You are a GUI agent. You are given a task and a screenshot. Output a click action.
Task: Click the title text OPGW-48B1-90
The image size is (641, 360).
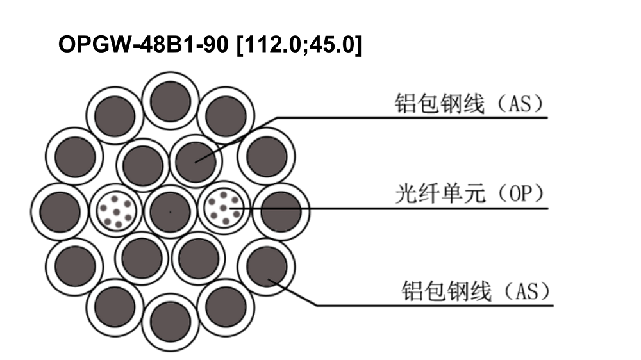(143, 44)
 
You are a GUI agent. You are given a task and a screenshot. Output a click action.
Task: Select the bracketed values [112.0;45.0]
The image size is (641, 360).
(299, 45)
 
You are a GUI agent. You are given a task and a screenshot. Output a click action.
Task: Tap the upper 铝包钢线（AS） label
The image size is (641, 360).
(470, 104)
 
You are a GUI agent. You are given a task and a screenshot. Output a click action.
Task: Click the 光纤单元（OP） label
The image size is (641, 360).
(470, 194)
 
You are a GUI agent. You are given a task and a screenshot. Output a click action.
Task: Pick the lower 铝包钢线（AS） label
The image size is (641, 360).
(476, 291)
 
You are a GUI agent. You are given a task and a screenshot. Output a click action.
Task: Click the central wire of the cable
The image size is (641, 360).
(170, 211)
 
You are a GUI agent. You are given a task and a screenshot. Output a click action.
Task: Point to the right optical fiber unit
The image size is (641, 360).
(224, 208)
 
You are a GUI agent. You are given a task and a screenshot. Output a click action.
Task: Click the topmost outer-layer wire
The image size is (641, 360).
(170, 101)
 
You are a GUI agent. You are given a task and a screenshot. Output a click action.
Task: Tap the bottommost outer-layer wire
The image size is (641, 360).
(170, 322)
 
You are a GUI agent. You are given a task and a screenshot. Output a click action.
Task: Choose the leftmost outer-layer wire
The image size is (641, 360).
(60, 211)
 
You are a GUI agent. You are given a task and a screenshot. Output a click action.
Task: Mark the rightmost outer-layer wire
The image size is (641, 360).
(281, 211)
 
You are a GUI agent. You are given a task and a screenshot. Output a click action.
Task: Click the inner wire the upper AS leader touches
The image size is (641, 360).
(196, 162)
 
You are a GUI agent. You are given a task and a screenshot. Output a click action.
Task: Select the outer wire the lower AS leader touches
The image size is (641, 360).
(266, 267)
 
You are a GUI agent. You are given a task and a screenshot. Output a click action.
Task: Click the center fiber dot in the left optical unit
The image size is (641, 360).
(117, 212)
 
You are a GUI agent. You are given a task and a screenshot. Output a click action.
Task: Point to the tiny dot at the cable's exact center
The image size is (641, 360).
(170, 211)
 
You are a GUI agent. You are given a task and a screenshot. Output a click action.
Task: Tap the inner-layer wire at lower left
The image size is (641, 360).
(142, 258)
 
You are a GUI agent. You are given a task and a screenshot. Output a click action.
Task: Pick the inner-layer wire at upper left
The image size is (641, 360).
(143, 165)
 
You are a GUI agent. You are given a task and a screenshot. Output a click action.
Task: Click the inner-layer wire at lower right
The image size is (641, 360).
(198, 258)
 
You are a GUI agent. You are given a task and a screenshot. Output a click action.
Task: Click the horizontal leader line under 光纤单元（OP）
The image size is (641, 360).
(389, 209)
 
